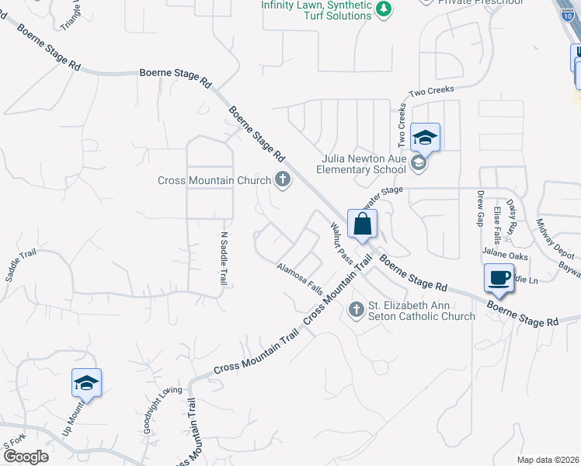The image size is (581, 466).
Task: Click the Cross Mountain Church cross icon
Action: pos(282,180)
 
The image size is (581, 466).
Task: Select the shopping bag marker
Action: pos(363,224)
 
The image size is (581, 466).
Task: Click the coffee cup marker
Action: pos(499,277)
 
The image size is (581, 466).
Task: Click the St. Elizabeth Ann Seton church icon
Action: pos(357,310)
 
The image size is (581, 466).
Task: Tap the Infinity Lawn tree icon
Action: pos(383,9)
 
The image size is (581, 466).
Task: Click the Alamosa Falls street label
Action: pos(299,277)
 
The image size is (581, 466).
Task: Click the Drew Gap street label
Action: pos(480,207)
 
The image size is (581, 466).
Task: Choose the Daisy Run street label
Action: pos(512,217)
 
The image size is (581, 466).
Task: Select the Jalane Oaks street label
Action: pos(505,254)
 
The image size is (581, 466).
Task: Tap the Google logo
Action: pos(25,457)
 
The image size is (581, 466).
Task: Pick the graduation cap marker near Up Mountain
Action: pos(87,383)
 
